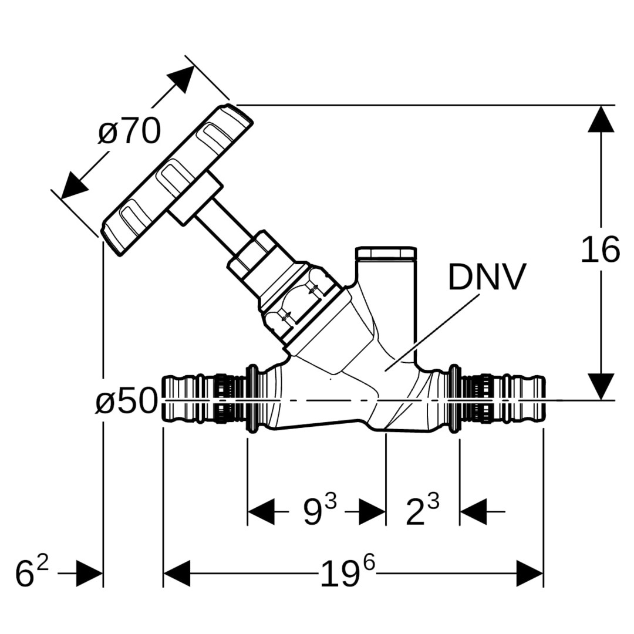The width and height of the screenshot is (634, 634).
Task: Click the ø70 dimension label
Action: pyautogui.click(x=129, y=131)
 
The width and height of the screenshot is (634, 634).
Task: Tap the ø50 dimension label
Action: pyautogui.click(x=126, y=402)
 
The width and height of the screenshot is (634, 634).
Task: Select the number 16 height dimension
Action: pyautogui.click(x=600, y=250)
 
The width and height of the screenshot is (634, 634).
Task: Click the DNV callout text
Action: pyautogui.click(x=487, y=278)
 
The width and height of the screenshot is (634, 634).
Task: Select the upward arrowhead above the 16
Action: pyautogui.click(x=601, y=119)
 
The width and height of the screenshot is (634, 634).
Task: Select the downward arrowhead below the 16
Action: pyautogui.click(x=601, y=386)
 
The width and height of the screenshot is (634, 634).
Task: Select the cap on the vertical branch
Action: pyautogui.click(x=386, y=254)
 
